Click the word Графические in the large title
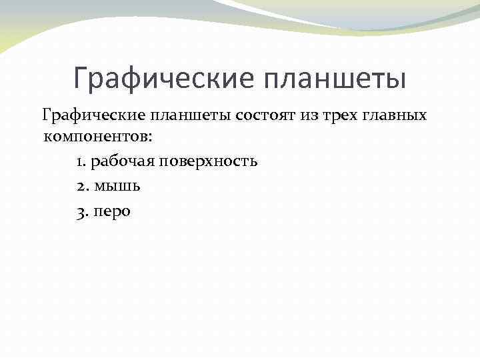(165, 78)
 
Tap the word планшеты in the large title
(335, 78)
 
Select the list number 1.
(80, 162)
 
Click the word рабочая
(120, 162)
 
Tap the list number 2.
(81, 187)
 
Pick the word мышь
(117, 187)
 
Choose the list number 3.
(81, 211)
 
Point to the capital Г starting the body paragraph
(47, 115)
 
